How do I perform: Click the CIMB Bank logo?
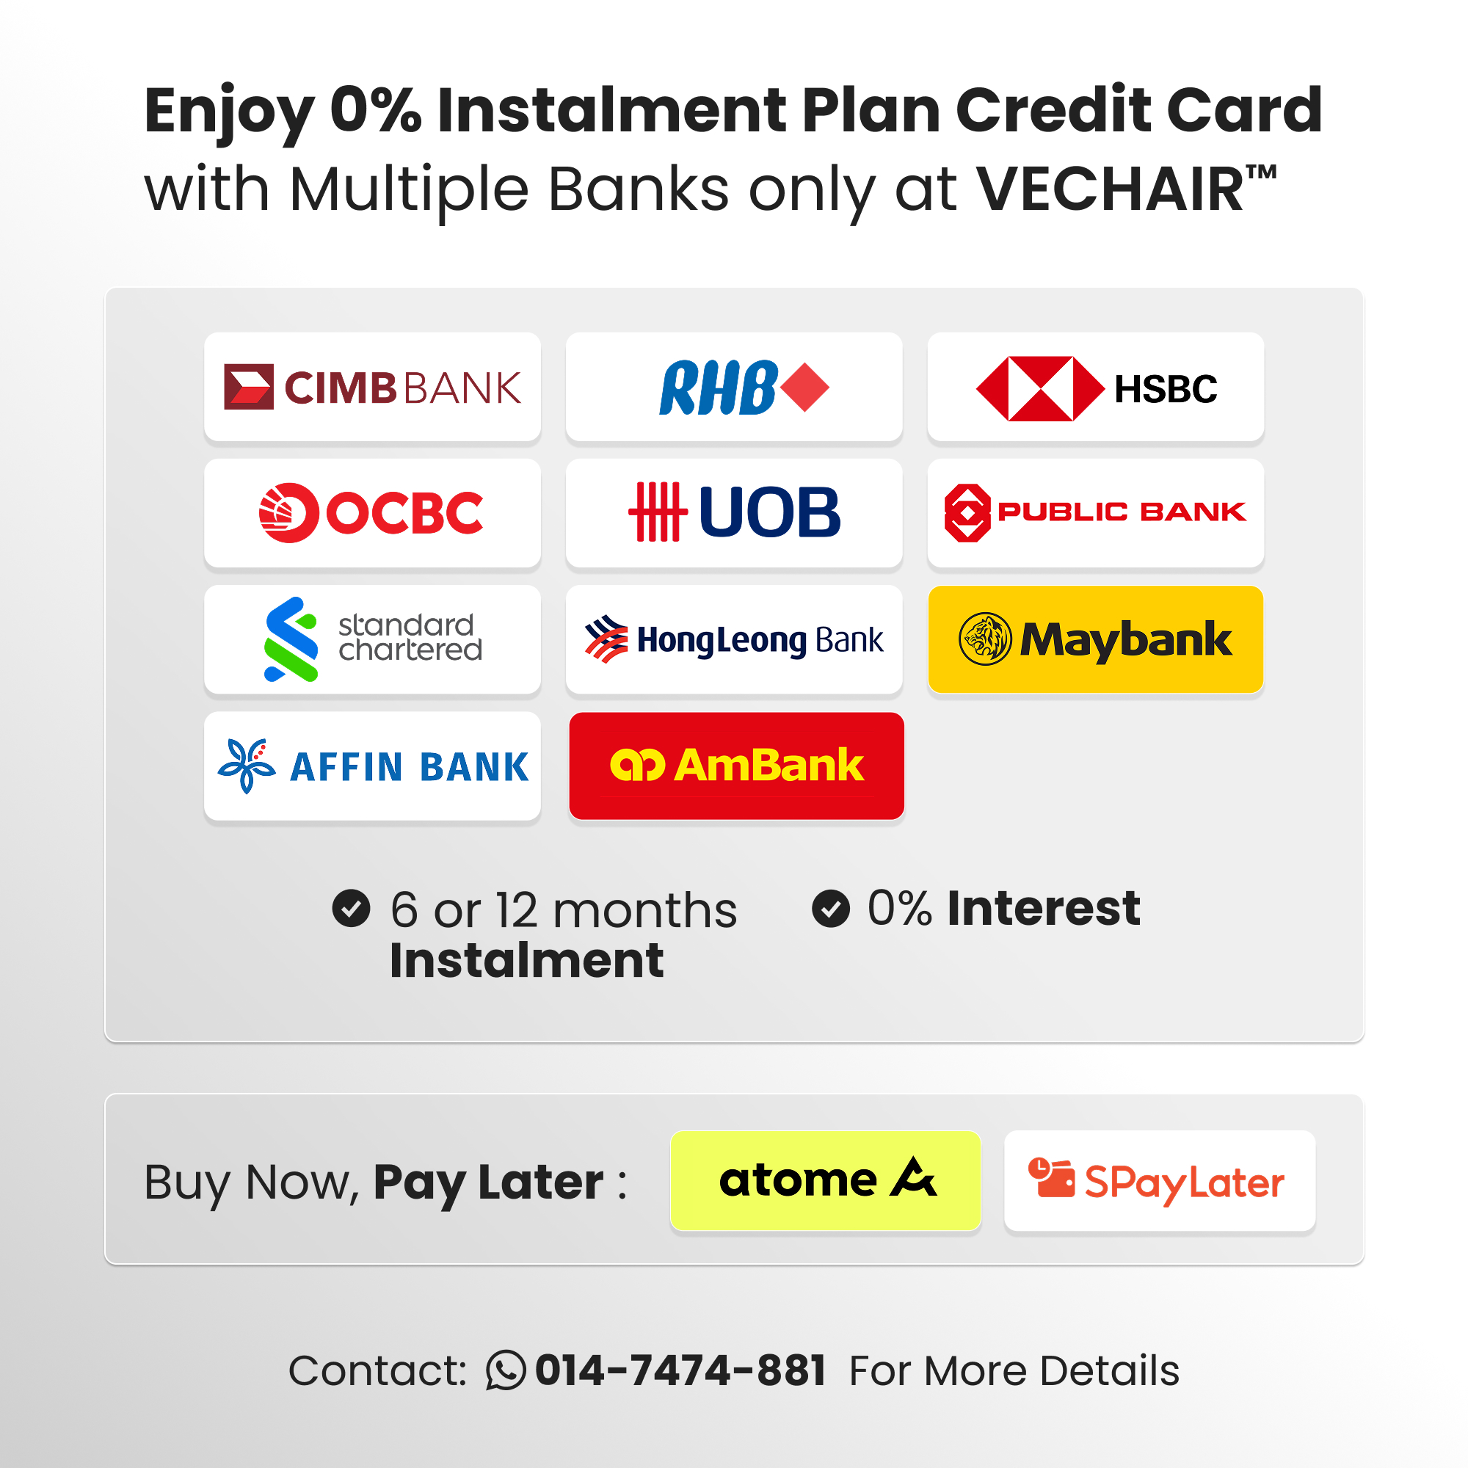[372, 387]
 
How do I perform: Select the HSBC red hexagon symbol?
[1039, 388]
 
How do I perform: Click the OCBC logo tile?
[372, 513]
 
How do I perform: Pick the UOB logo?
[734, 513]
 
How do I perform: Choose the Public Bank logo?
[1095, 513]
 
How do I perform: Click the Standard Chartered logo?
[372, 639]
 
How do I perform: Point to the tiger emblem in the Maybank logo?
[985, 639]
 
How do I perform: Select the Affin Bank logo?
[372, 766]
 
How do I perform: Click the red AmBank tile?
[736, 766]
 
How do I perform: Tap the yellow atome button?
[825, 1180]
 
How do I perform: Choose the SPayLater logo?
[1157, 1182]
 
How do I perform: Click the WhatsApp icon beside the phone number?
[505, 1370]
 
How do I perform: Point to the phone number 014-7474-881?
[681, 1370]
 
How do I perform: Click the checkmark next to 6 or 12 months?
[351, 908]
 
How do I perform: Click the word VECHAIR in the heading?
[1110, 189]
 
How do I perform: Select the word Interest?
[1043, 908]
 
